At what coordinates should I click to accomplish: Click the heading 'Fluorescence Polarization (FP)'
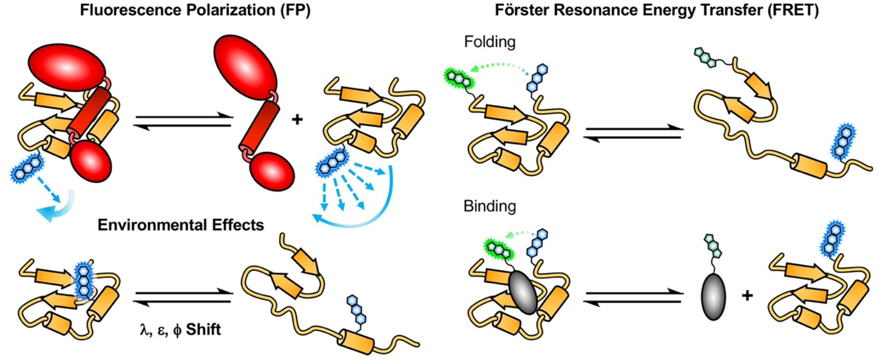point(195,10)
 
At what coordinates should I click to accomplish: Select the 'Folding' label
point(489,42)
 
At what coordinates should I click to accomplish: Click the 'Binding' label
point(489,206)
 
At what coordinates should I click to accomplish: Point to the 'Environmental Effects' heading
point(181,225)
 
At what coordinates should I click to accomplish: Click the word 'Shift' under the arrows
point(203,329)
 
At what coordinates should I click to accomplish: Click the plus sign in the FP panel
point(297,120)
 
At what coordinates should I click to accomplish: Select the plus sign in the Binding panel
point(747,296)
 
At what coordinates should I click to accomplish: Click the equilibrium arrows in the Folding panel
point(633,133)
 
